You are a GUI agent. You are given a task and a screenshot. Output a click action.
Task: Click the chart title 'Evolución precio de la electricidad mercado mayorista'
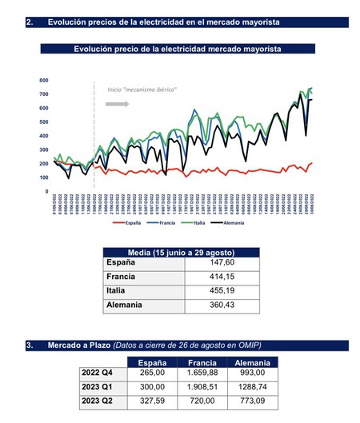(x=177, y=49)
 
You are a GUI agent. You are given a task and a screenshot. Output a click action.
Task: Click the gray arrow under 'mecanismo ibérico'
(x=117, y=104)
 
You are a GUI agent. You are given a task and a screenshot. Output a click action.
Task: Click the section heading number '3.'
(x=29, y=345)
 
